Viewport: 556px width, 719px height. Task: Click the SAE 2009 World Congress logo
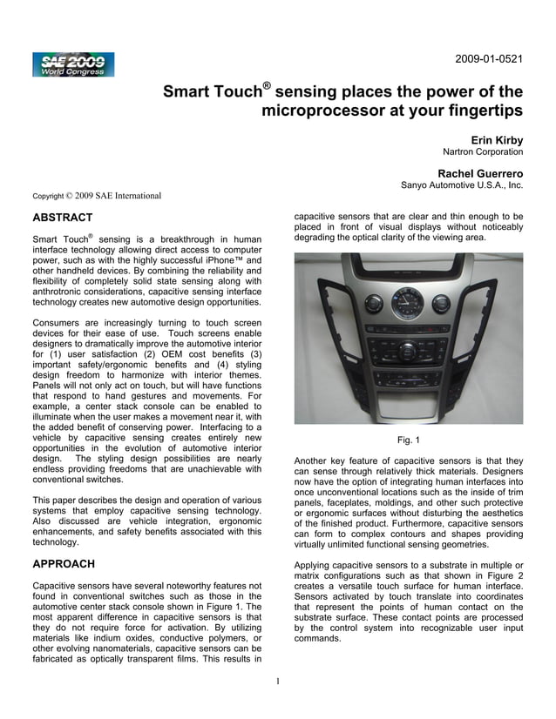pos(73,64)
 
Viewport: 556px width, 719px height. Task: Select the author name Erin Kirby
pos(497,139)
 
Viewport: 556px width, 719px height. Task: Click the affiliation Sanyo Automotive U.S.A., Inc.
pos(462,185)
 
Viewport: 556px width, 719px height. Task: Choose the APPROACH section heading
pos(63,564)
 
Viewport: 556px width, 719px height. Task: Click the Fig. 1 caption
pos(409,439)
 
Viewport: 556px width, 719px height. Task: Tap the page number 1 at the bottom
pos(276,680)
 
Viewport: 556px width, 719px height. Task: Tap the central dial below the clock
pos(408,351)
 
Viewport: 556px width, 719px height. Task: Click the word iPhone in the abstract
pos(214,260)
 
